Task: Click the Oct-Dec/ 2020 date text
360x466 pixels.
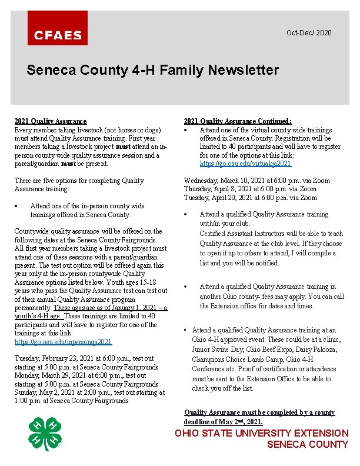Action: click(x=309, y=32)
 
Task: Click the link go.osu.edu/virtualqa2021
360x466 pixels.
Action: click(x=245, y=164)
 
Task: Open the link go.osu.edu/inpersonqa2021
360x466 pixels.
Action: click(x=63, y=342)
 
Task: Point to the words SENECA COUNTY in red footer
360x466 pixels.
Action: click(x=307, y=445)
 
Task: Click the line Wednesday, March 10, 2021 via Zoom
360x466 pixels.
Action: click(x=257, y=181)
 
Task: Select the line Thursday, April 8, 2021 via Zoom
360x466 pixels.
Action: click(x=250, y=189)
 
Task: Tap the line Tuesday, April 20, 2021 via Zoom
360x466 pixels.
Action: click(x=250, y=198)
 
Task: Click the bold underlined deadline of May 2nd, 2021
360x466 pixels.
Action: click(x=224, y=422)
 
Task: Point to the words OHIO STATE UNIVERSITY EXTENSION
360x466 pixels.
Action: click(x=262, y=433)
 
